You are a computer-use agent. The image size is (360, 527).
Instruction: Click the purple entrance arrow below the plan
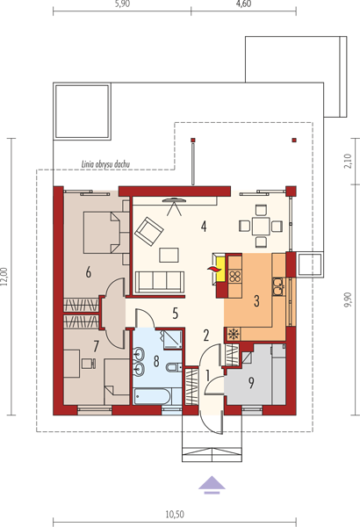[x=212, y=485]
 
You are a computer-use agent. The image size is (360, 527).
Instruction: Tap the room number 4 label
[x=204, y=227]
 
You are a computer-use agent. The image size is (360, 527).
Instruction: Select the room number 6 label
[x=89, y=272]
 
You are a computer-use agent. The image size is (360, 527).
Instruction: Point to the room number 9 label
[x=251, y=382]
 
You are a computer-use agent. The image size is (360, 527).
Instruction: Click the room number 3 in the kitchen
[x=256, y=300]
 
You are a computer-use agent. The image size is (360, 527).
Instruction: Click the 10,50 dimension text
[x=175, y=514]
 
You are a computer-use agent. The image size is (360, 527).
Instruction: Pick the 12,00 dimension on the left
[x=4, y=277]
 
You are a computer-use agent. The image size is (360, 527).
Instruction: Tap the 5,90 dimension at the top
[x=122, y=4]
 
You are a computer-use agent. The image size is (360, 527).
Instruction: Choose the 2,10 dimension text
[x=348, y=161]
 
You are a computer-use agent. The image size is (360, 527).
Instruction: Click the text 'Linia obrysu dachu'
[x=105, y=164]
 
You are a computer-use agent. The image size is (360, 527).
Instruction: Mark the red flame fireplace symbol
[x=212, y=269]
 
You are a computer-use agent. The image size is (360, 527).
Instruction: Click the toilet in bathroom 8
[x=174, y=367]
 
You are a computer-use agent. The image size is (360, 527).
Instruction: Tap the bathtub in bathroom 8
[x=153, y=397]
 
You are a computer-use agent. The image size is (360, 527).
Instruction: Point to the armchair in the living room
[x=148, y=231]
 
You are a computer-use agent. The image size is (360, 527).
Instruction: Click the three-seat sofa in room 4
[x=160, y=281]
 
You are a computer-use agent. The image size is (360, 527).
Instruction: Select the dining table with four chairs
[x=261, y=226]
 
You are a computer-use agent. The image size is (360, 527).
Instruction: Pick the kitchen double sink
[x=277, y=286]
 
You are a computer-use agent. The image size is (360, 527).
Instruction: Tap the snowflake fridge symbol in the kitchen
[x=233, y=334]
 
